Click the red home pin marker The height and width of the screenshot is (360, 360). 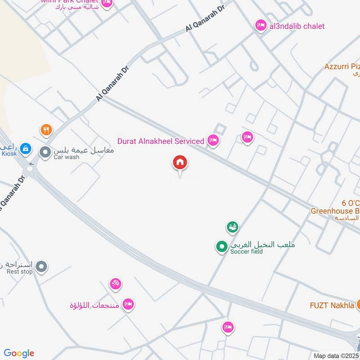click(180, 163)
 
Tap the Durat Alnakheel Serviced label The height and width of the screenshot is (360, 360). click(161, 141)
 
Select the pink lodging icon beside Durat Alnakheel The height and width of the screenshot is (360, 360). click(213, 141)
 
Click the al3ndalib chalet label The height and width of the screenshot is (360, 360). click(297, 26)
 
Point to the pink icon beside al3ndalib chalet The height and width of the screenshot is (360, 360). click(261, 26)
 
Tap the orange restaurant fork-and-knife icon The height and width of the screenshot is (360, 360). click(46, 130)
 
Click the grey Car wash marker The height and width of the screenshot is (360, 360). click(45, 152)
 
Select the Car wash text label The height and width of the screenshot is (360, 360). click(67, 157)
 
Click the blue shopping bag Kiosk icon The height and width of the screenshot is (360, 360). click(26, 147)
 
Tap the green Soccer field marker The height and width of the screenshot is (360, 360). click(221, 247)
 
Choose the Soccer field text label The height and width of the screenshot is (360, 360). click(246, 251)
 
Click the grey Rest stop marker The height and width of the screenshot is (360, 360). click(41, 267)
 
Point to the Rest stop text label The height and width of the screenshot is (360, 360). click(20, 271)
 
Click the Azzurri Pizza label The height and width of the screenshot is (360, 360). click(342, 67)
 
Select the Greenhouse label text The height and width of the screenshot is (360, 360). click(335, 211)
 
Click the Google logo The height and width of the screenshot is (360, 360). click(19, 353)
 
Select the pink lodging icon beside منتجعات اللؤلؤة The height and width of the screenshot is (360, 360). click(128, 305)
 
